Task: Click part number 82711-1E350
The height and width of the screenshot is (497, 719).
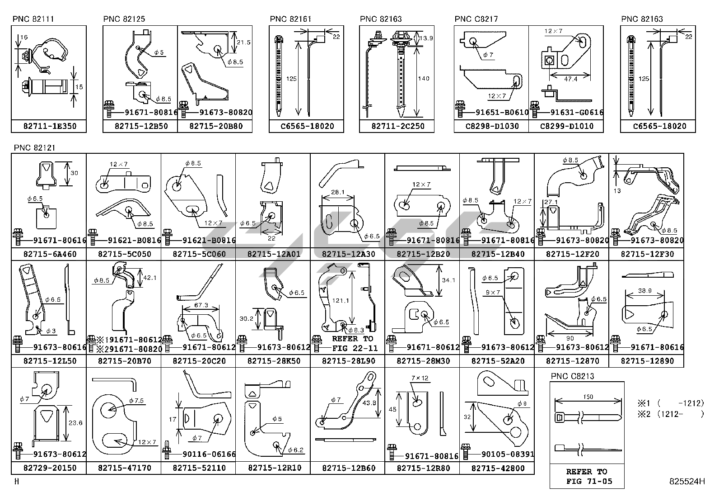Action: [x=49, y=126]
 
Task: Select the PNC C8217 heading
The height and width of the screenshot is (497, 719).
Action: [x=476, y=19]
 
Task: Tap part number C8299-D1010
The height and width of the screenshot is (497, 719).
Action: [x=566, y=126]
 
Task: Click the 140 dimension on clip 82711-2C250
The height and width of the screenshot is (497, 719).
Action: [x=423, y=79]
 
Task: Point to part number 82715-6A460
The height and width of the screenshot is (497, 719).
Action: [x=49, y=254]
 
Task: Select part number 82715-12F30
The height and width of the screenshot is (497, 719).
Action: [x=647, y=254]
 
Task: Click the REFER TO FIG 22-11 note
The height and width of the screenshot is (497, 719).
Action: [x=352, y=343]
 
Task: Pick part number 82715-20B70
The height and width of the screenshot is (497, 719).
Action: [x=123, y=361]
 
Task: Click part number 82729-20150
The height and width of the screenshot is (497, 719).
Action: [x=49, y=468]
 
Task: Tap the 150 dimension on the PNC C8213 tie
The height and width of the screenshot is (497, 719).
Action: [x=588, y=397]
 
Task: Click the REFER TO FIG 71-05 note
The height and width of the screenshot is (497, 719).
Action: [x=587, y=477]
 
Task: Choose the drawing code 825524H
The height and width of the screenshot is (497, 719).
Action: [x=687, y=482]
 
